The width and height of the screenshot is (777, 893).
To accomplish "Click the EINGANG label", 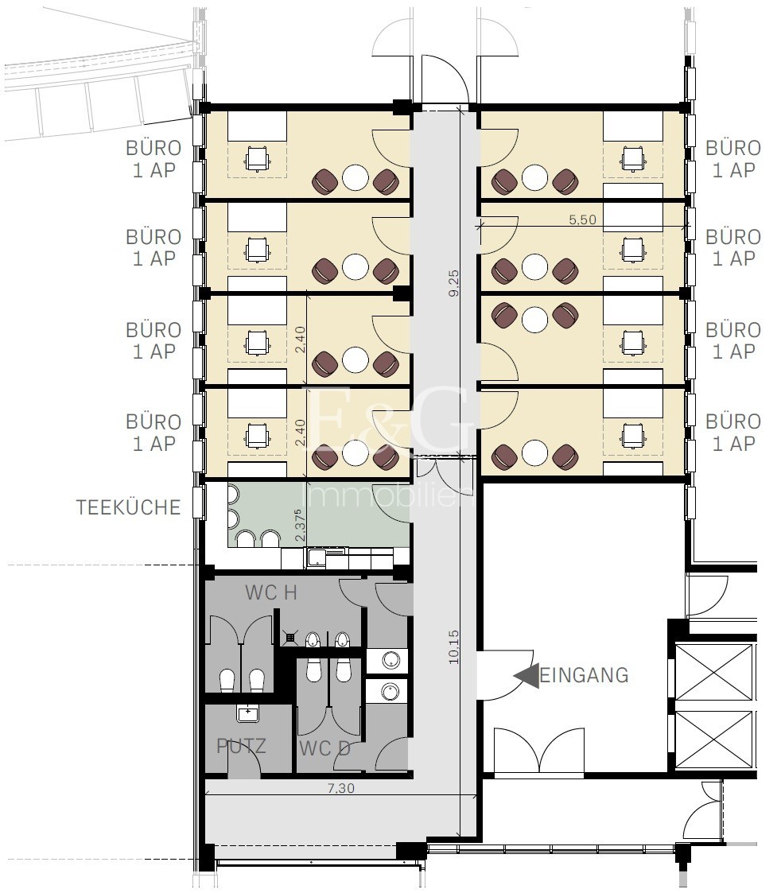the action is [584, 675].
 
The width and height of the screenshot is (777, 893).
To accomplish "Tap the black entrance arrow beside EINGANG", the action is [526, 676].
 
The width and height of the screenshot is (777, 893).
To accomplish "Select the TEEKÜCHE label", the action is [129, 507].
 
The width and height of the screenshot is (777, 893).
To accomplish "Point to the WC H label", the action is [271, 593].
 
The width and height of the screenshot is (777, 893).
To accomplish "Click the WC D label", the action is [324, 748].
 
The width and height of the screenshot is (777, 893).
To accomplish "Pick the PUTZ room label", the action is [242, 746].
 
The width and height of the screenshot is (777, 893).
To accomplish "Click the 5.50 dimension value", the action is [582, 219].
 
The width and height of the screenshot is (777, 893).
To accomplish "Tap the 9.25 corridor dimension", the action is [454, 283].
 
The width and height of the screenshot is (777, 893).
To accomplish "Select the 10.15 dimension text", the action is [453, 646].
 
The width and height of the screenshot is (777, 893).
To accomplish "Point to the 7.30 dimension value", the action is [340, 788].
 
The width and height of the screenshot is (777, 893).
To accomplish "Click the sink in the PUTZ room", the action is [248, 713].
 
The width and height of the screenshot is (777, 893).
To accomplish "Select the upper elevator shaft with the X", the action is [713, 672].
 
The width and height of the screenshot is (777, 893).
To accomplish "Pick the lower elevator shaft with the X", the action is [713, 740].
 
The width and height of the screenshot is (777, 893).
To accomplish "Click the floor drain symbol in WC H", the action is [290, 639].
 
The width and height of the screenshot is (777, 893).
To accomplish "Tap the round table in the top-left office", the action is [355, 177].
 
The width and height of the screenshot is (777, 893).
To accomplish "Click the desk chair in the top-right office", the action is [633, 159].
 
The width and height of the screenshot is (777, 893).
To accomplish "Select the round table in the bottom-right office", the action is [535, 452].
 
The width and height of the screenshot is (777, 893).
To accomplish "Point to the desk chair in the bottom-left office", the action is [257, 436].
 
